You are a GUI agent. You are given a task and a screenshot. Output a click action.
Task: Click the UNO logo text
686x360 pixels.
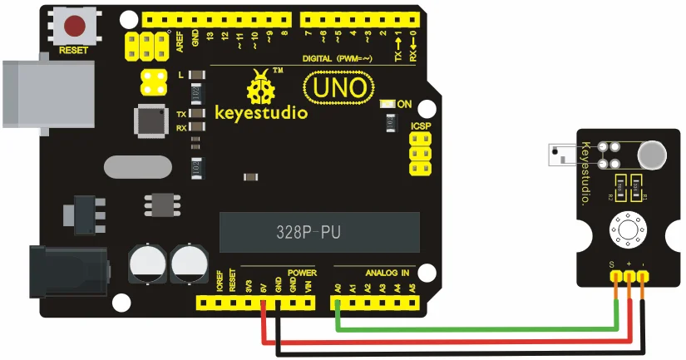336,86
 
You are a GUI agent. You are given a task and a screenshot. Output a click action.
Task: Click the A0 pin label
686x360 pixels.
338,288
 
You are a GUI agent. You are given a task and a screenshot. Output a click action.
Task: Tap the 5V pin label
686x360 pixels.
263,288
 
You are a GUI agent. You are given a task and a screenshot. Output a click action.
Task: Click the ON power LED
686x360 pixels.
386,105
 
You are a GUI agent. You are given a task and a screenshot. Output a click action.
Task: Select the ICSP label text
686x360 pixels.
421,126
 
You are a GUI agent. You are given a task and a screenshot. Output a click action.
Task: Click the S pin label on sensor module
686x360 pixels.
611,265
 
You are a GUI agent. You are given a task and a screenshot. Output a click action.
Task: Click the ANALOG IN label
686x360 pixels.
387,272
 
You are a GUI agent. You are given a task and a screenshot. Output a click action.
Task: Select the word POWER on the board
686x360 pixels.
302,272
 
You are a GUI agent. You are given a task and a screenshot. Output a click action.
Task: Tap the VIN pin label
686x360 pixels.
308,288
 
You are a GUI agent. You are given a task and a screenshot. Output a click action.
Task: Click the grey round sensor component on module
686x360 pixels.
651,153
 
